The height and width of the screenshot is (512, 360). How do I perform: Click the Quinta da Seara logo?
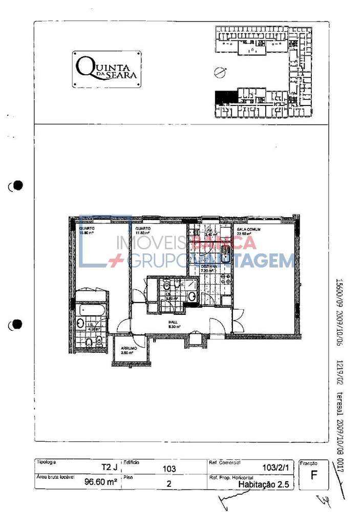click(107, 69)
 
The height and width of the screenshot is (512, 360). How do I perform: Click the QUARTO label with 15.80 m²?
click(86, 231)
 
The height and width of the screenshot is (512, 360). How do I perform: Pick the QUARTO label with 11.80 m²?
click(143, 231)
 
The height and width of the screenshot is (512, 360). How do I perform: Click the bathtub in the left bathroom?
click(93, 310)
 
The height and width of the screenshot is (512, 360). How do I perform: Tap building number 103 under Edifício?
click(169, 468)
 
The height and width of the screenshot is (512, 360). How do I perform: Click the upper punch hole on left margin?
click(18, 185)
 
